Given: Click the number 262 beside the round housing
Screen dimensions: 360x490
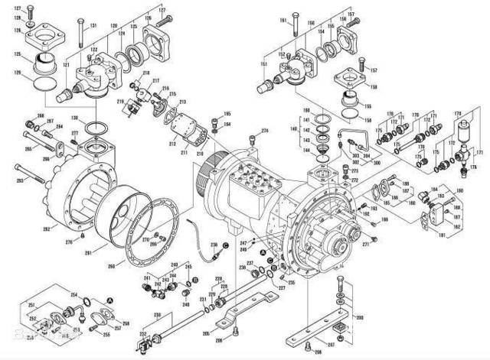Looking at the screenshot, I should (x=46, y=229).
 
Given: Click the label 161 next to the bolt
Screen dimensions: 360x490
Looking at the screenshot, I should (x=283, y=19).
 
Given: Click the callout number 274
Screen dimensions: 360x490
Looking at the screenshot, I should (x=264, y=131).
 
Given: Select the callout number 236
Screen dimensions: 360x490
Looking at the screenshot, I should (x=214, y=244).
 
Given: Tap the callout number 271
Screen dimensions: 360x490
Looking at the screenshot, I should (x=366, y=245).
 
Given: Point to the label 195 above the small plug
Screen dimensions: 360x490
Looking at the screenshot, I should (x=226, y=114).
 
